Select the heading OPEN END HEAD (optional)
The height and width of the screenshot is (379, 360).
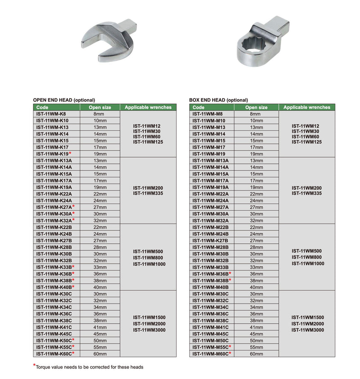[64, 100]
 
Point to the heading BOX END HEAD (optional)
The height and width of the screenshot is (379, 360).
[219, 100]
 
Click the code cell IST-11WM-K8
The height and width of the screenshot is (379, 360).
[51, 114]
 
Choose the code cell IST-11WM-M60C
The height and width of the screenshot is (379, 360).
[210, 354]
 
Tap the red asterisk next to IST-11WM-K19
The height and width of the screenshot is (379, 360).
[70, 153]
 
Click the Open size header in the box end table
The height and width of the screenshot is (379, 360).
[256, 107]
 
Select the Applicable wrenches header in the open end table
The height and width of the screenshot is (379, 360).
[148, 107]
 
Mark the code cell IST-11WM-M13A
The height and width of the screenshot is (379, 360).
[210, 161]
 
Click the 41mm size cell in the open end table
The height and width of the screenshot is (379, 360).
[100, 327]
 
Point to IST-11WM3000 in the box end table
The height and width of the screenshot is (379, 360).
[307, 330]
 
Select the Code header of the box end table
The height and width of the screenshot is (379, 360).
[198, 107]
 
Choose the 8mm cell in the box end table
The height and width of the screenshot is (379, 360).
[256, 114]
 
